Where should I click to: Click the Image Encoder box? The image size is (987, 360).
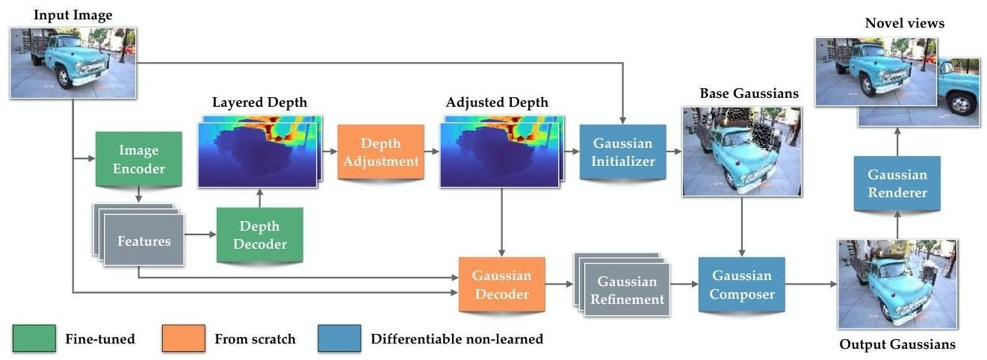click(x=139, y=158)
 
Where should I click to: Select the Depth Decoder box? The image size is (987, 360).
click(x=259, y=235)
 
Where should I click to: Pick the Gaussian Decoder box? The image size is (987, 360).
click(x=502, y=285)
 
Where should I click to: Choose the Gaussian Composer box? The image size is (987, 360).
click(x=742, y=285)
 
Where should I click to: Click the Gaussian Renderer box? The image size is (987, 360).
click(x=897, y=183)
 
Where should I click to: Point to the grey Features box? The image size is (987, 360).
click(x=143, y=240)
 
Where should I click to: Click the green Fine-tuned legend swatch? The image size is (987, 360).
click(x=34, y=338)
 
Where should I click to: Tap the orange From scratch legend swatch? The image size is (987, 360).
click(x=182, y=338)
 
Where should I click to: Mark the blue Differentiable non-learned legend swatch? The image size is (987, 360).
click(x=339, y=338)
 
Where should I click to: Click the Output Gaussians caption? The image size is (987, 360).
click(x=897, y=344)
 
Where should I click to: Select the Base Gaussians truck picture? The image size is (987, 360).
click(x=741, y=151)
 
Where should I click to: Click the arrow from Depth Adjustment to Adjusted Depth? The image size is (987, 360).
click(x=433, y=151)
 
